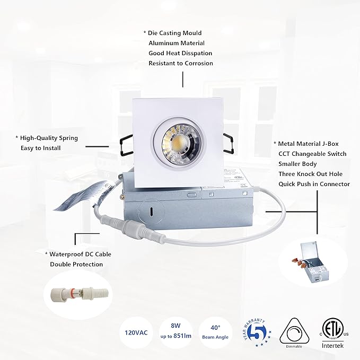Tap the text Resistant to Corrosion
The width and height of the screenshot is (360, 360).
[x=180, y=63]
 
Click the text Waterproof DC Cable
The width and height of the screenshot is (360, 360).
[x=80, y=254]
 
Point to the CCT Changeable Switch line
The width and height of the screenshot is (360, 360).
[x=312, y=154]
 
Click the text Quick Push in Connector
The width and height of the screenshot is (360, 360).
[x=314, y=184]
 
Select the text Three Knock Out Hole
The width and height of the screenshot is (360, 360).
[x=310, y=174]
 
